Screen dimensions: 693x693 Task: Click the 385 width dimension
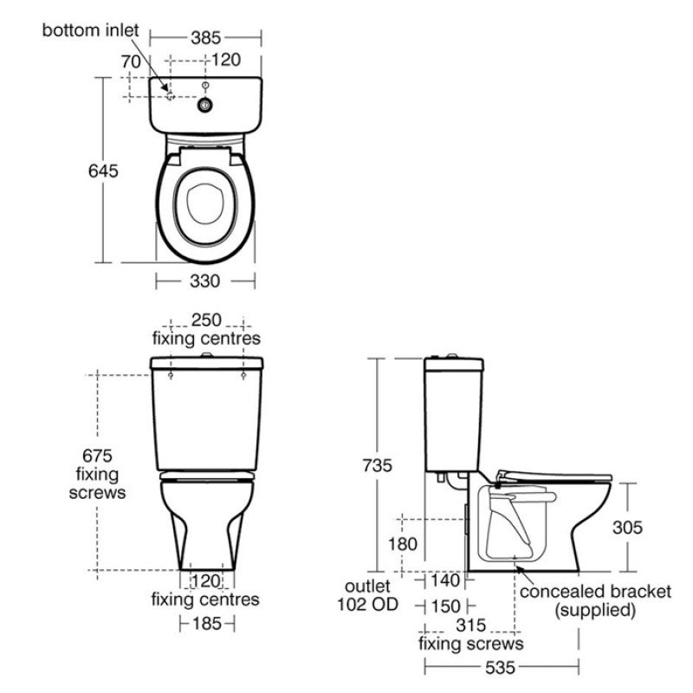205,37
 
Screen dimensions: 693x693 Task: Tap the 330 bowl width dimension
205,282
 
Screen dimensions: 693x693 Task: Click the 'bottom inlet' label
89,30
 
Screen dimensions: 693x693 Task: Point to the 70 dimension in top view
131,62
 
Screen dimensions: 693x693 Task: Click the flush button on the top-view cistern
205,104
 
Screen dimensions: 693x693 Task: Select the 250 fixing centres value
206,320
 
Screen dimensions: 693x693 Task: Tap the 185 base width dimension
206,623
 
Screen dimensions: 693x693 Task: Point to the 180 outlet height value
403,544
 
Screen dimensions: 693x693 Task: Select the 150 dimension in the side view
445,605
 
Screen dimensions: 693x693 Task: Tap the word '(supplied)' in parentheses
595,611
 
